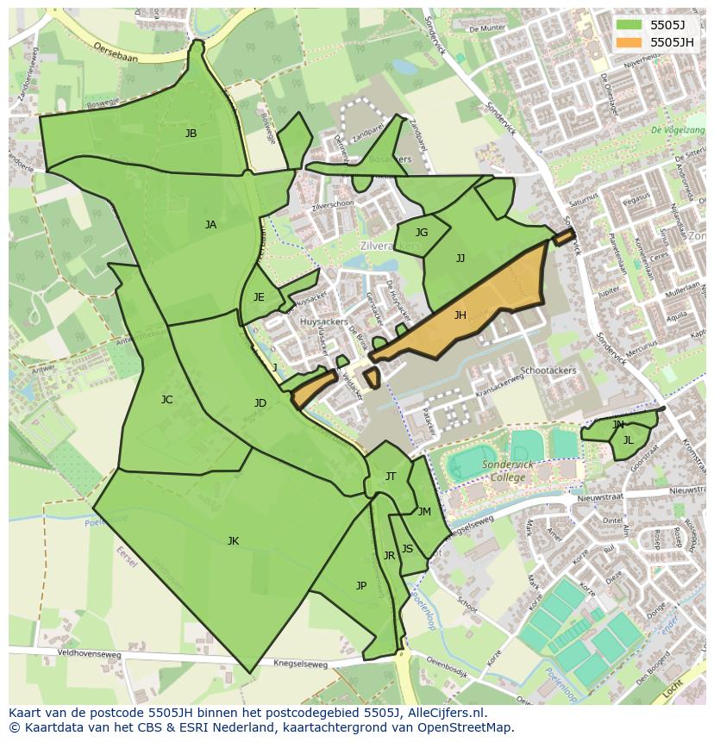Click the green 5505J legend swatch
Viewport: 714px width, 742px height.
(x=629, y=25)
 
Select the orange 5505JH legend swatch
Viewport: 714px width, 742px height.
(x=629, y=41)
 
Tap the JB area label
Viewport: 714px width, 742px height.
(x=191, y=134)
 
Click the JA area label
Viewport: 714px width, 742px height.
(x=210, y=225)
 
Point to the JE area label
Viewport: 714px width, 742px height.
(x=259, y=297)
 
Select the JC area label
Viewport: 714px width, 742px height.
(x=166, y=400)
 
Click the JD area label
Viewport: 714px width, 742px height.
(x=260, y=403)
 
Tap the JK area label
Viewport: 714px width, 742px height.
(x=233, y=541)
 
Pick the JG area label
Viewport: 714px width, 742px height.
(x=422, y=233)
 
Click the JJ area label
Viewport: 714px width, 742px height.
(x=460, y=258)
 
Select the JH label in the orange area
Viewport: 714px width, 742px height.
(x=460, y=315)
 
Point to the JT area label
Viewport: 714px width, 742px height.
(x=391, y=477)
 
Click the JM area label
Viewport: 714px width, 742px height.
(x=424, y=512)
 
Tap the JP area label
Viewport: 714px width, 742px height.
(x=361, y=586)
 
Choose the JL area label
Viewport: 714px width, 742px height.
(x=628, y=440)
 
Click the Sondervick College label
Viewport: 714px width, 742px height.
(x=509, y=471)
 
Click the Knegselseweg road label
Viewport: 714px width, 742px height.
(x=300, y=664)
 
